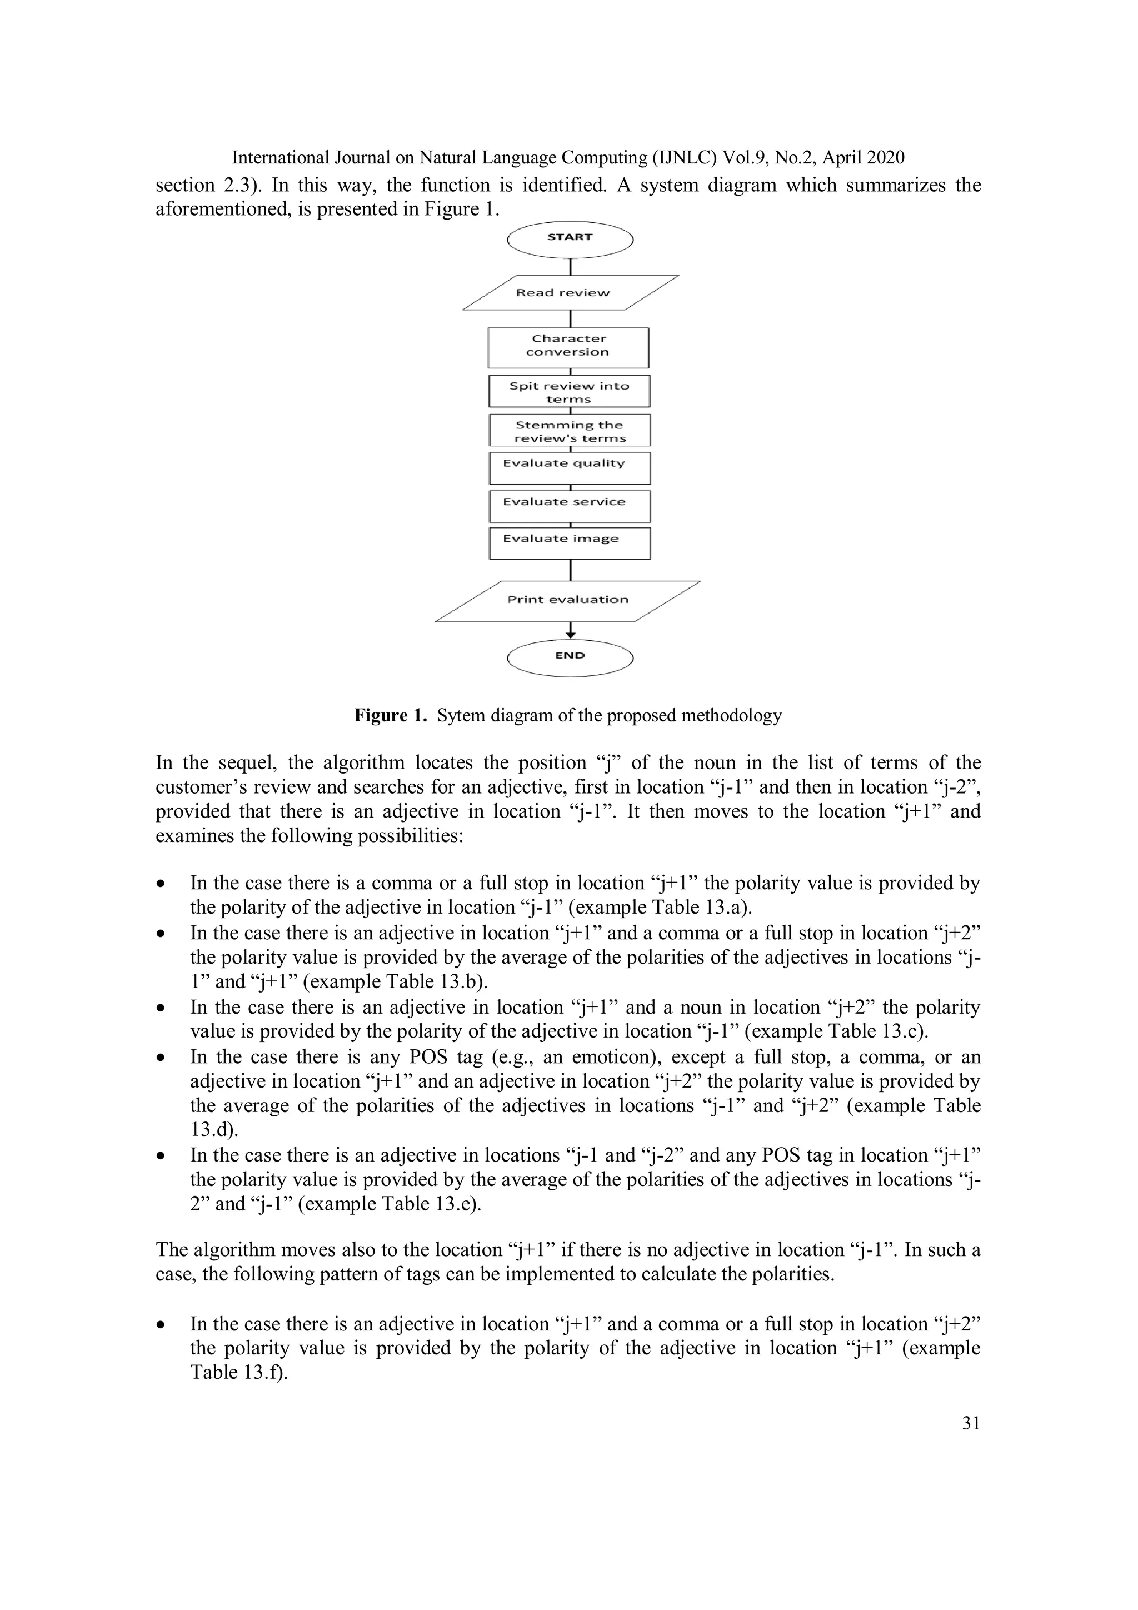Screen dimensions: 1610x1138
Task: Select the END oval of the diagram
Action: click(570, 657)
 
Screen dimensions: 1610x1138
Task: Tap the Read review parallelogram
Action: click(570, 292)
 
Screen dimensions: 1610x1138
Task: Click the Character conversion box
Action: click(568, 347)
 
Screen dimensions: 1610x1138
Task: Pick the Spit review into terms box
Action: click(568, 391)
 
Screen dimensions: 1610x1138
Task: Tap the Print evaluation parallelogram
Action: click(568, 600)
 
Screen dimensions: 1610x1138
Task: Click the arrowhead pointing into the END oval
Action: click(571, 634)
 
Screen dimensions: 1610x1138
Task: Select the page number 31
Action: click(970, 1423)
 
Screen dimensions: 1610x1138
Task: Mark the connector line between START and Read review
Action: click(571, 266)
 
